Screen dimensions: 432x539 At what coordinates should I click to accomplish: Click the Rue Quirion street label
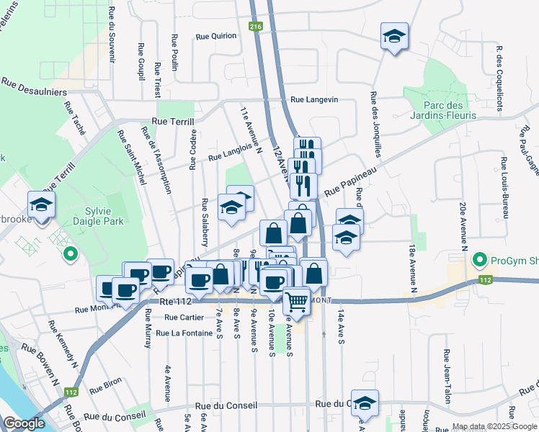click(x=216, y=35)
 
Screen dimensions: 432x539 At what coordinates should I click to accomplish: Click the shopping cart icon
click(x=295, y=300)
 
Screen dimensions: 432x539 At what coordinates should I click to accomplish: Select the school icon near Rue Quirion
click(x=394, y=36)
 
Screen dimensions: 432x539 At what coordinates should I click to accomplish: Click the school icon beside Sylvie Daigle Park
click(x=41, y=205)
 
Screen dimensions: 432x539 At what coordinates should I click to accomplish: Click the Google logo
click(x=24, y=423)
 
